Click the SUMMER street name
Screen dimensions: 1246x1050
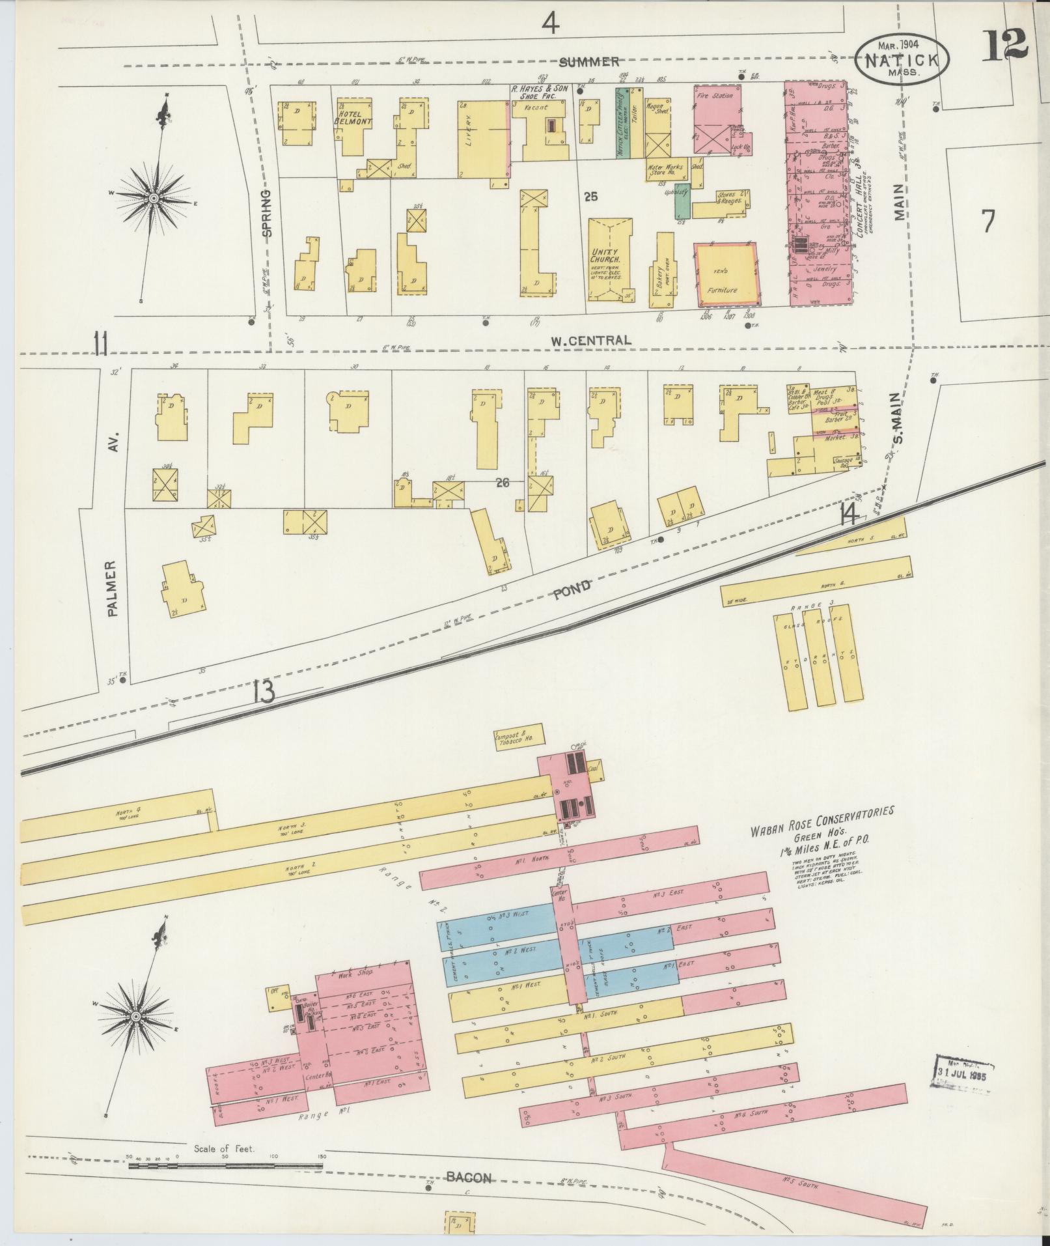pos(588,62)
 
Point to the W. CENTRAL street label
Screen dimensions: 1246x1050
pos(590,340)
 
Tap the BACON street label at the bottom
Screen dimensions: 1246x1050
pos(469,1176)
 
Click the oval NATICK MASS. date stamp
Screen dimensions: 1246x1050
pos(902,60)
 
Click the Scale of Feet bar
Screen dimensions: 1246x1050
pos(225,1165)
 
